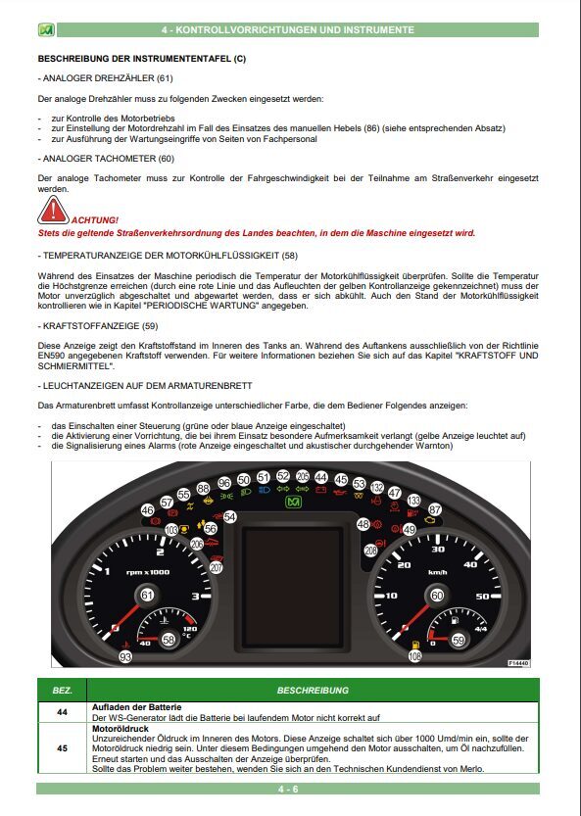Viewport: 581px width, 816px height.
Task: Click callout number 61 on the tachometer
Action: coord(147,595)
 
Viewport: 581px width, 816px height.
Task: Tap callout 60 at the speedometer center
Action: coord(436,595)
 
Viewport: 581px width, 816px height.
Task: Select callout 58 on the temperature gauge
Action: coord(169,640)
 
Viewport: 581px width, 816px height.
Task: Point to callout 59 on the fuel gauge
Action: coord(459,640)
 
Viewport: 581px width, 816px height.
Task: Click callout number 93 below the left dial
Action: coord(125,656)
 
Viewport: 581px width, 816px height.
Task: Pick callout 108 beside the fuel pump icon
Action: coord(414,656)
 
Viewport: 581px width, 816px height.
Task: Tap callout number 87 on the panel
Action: coord(435,509)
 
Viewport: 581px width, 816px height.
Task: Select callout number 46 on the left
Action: coord(147,510)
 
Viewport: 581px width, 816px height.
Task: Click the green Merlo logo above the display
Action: coord(292,502)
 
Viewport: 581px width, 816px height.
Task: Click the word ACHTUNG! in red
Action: coord(96,219)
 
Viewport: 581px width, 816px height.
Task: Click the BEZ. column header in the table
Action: coord(62,690)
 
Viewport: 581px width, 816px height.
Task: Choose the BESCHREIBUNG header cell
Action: coord(313,690)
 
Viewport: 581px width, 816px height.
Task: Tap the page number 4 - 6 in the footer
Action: coord(289,788)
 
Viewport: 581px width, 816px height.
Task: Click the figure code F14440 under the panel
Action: coord(518,663)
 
